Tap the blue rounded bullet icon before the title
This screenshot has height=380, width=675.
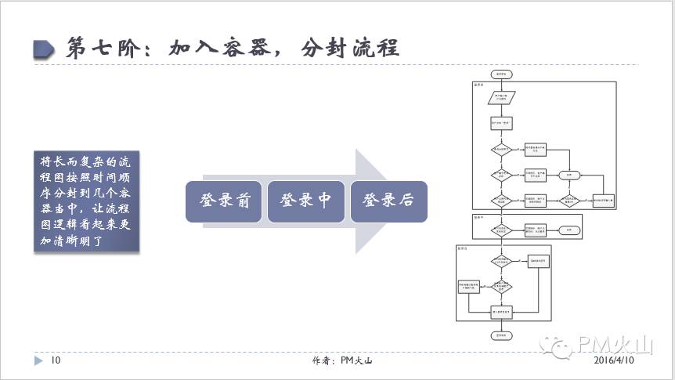45,49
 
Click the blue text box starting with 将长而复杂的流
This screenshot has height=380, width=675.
87,201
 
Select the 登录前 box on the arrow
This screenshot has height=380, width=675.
225,201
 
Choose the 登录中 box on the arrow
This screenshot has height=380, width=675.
306,201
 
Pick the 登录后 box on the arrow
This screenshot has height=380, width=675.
388,201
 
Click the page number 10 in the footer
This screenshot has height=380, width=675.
56,361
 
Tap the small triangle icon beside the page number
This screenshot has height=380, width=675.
38,361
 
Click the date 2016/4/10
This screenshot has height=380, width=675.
615,361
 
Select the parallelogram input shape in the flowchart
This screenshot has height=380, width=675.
501,97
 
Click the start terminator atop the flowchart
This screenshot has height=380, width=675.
501,73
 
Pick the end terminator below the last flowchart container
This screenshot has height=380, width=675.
501,335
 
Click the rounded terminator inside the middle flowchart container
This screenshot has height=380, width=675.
570,230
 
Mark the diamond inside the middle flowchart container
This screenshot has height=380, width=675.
501,230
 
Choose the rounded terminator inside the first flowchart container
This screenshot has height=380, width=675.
570,175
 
